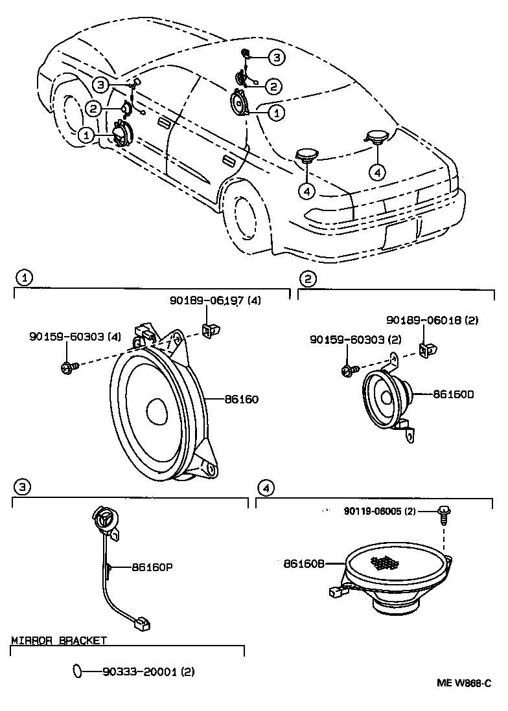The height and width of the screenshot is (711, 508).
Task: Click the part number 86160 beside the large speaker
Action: click(241, 400)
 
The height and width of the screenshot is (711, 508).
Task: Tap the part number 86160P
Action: click(152, 567)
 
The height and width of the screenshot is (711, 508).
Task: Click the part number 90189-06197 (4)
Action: click(214, 300)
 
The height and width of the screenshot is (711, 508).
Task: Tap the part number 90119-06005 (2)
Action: click(380, 511)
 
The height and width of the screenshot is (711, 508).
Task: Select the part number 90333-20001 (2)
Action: click(148, 671)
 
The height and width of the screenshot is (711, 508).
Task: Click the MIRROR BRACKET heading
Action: click(59, 640)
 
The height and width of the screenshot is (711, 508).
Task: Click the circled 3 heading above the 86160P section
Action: click(21, 486)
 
